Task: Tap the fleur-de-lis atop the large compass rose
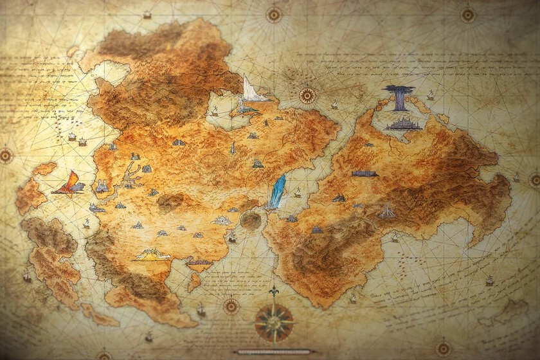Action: coord(274,292)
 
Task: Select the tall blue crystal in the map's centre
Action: coord(277,191)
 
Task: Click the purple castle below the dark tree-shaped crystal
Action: coord(404,123)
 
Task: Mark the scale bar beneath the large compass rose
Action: coord(274,352)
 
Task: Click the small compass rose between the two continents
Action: coord(307,96)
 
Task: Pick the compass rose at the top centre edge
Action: coord(274,14)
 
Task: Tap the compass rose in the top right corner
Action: coord(468,14)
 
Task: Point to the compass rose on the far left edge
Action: coord(6,156)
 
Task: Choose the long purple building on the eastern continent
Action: coord(364,173)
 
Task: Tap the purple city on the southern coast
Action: coord(199,262)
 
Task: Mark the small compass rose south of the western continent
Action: coord(231,307)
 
